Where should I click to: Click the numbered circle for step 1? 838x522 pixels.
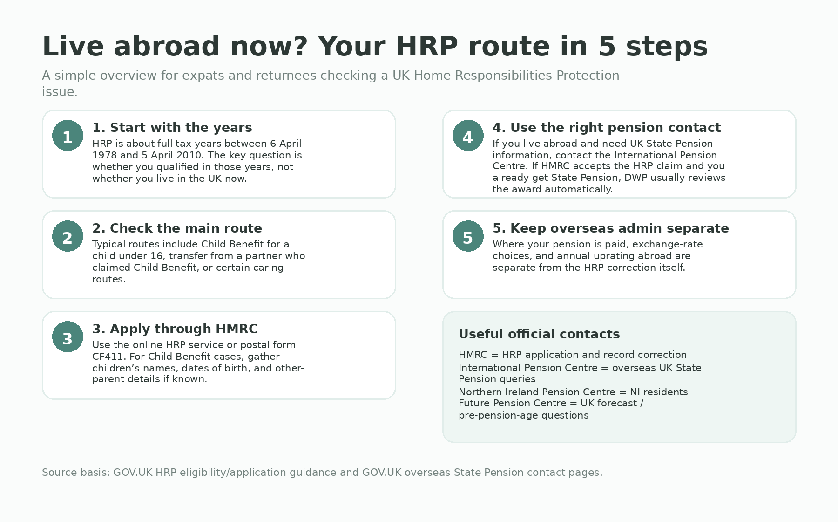pos(68,135)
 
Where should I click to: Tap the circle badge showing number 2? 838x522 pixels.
pos(68,236)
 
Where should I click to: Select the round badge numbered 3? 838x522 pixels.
pos(68,337)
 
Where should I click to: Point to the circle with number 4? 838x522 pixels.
pos(468,135)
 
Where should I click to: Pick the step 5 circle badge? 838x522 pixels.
pos(468,236)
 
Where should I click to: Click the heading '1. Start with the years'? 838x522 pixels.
pos(172,128)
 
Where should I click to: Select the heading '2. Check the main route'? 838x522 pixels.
pos(177,228)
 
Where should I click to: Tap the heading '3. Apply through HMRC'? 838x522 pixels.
pos(175,329)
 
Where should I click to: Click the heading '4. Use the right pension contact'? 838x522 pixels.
pos(607,128)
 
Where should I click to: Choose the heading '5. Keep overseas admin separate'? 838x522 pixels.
pos(611,228)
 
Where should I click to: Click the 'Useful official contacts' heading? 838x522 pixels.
pos(539,334)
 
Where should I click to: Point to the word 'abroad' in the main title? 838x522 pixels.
pos(167,46)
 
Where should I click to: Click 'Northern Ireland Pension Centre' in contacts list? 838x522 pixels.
pos(537,392)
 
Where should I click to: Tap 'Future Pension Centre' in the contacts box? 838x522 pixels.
pos(513,403)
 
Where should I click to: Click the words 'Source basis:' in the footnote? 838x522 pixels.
pos(76,473)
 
